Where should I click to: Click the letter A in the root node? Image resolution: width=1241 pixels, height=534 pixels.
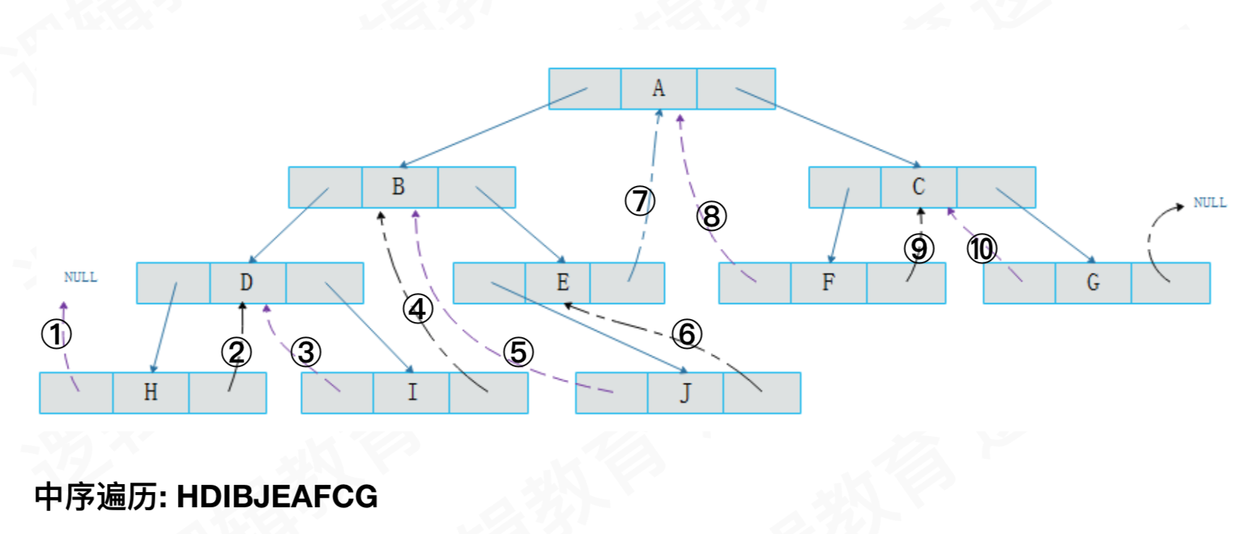click(658, 88)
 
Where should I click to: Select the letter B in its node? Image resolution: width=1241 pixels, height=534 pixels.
click(398, 187)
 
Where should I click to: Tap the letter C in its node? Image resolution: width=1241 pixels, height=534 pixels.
click(918, 187)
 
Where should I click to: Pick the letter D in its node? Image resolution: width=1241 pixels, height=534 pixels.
click(247, 282)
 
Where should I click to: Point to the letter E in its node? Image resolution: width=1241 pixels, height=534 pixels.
click(563, 282)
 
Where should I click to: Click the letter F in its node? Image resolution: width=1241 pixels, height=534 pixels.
click(828, 282)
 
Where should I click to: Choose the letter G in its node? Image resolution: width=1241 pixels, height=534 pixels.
click(1093, 282)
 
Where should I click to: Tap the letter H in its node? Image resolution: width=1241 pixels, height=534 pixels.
click(150, 392)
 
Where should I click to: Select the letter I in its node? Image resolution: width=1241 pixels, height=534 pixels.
click(412, 392)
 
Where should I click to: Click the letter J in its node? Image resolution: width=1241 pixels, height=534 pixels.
click(685, 392)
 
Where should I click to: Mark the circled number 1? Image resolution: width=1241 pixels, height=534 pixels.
click(56, 334)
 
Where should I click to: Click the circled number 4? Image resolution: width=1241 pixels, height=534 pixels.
click(417, 310)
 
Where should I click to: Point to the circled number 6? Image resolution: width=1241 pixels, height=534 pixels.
click(687, 334)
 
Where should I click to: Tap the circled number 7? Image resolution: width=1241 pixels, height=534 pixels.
click(640, 201)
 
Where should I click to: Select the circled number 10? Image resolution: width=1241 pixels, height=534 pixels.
click(981, 249)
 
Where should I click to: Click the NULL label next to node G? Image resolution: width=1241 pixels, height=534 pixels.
click(1209, 203)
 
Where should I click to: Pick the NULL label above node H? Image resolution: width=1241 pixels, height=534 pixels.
click(80, 277)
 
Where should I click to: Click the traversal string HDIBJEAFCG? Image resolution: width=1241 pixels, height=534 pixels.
click(277, 497)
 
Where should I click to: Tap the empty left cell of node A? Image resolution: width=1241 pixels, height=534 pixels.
click(584, 88)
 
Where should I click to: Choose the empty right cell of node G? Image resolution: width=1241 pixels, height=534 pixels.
click(1171, 282)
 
